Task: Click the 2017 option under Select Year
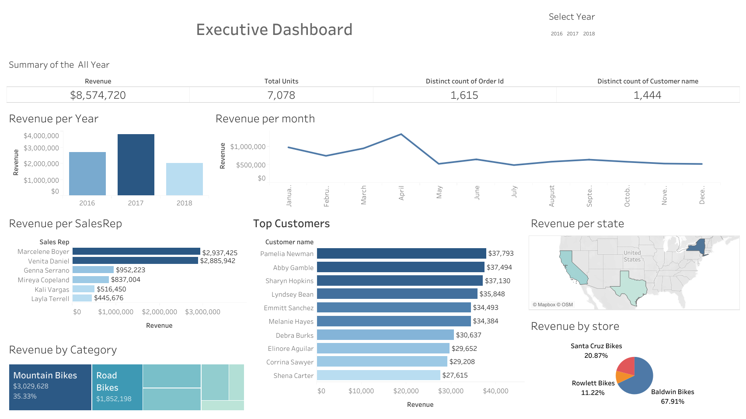[x=572, y=34]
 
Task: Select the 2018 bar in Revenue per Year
[x=184, y=179]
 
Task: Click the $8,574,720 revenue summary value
[x=98, y=95]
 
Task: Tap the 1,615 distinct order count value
[x=464, y=95]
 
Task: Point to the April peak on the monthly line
[x=401, y=135]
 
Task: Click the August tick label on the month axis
[x=552, y=196]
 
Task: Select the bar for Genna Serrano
[x=93, y=270]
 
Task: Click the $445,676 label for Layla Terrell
[x=108, y=298]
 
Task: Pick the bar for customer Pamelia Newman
[x=401, y=253]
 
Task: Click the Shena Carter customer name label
[x=293, y=376]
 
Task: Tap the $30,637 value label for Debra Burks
[x=468, y=335]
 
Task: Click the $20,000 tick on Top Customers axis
[x=406, y=391]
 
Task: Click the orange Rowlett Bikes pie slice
[x=621, y=377]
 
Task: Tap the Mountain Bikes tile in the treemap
[x=50, y=387]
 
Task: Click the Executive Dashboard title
[x=274, y=30]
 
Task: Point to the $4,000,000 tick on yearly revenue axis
[x=41, y=136]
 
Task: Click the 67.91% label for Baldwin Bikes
[x=672, y=402]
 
